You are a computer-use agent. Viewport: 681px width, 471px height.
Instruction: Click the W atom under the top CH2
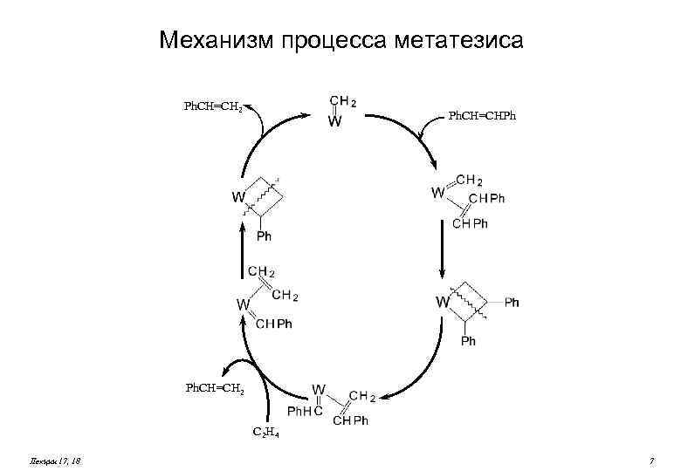click(x=334, y=121)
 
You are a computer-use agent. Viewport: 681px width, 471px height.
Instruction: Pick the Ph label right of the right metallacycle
click(x=512, y=303)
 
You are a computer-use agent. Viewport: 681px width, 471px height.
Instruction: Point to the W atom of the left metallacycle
click(x=237, y=197)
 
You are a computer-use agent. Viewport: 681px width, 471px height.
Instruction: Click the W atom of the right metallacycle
click(x=443, y=303)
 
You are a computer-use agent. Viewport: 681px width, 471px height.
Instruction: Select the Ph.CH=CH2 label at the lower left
click(x=214, y=386)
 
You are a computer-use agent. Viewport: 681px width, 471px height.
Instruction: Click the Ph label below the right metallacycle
click(x=469, y=341)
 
